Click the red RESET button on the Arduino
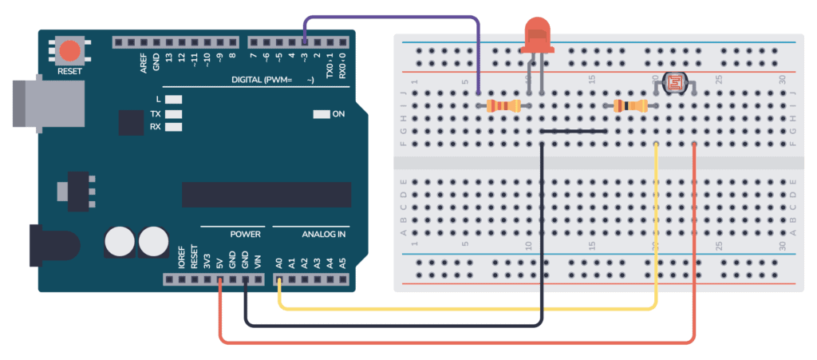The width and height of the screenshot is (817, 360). [x=70, y=50]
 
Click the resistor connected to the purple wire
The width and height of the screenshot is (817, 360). [x=503, y=105]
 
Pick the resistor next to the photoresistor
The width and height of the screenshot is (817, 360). [x=631, y=105]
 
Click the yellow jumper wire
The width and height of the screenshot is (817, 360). [x=471, y=308]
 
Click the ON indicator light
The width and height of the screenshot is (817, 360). [x=322, y=114]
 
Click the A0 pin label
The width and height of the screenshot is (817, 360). [x=279, y=261]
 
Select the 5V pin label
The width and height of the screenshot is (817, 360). [x=219, y=261]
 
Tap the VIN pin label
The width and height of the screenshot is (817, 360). [x=257, y=261]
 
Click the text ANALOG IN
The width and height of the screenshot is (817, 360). [x=323, y=235]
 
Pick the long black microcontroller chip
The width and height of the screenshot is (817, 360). [x=266, y=194]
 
